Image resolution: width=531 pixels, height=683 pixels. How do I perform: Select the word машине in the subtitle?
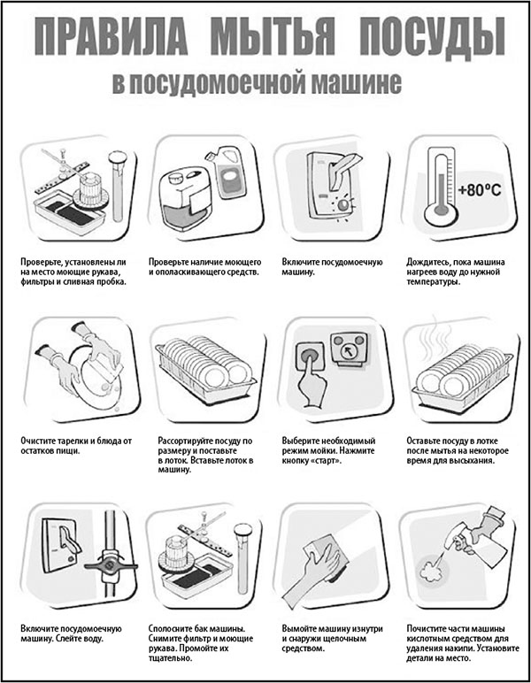point(355,83)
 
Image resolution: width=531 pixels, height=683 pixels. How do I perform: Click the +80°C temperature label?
point(480,190)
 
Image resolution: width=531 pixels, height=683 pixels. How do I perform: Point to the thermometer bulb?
point(442,213)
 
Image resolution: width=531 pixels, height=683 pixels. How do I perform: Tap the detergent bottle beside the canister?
point(226,175)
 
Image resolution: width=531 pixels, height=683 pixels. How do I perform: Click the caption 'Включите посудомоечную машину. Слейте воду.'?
point(71,633)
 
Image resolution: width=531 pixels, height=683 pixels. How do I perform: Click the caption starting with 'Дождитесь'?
point(455,272)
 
